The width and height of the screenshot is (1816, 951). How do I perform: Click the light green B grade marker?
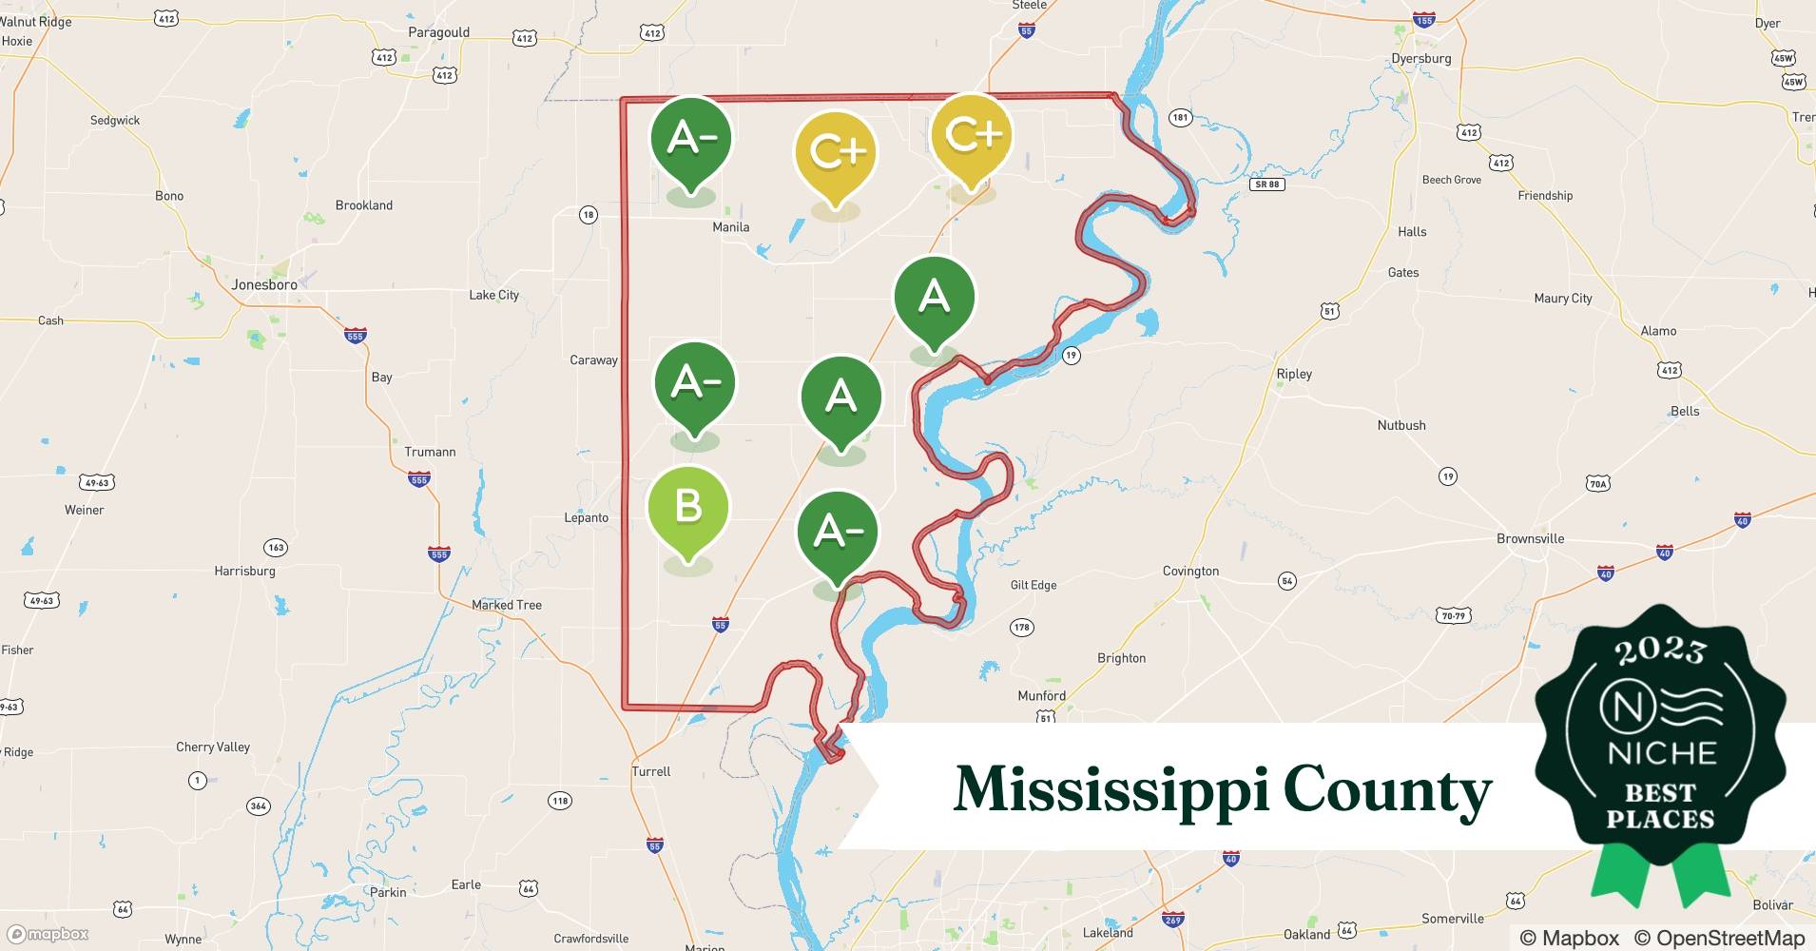click(687, 509)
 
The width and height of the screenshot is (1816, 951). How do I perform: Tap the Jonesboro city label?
click(264, 284)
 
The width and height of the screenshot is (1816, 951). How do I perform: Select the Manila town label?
click(731, 227)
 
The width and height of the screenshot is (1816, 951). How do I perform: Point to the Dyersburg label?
click(1420, 58)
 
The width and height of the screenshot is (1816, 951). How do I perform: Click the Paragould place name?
click(438, 32)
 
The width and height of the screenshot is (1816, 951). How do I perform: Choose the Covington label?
click(1190, 571)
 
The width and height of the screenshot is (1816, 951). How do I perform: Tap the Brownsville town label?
click(1530, 538)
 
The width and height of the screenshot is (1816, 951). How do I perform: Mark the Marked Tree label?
click(507, 605)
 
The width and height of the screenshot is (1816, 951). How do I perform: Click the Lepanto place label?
click(586, 517)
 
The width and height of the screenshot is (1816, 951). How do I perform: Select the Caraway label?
click(593, 359)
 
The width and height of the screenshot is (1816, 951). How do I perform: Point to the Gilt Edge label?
click(1034, 585)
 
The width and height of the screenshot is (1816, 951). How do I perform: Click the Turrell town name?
click(651, 771)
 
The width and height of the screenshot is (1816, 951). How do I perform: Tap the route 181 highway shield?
click(1180, 118)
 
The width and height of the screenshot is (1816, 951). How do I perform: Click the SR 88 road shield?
click(1266, 184)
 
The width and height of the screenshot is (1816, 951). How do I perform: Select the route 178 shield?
click(1021, 627)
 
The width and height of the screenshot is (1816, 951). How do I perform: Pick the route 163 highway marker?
click(276, 547)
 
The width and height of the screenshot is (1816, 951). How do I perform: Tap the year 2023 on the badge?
click(1660, 650)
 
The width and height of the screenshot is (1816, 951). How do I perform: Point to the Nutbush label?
click(1401, 425)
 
